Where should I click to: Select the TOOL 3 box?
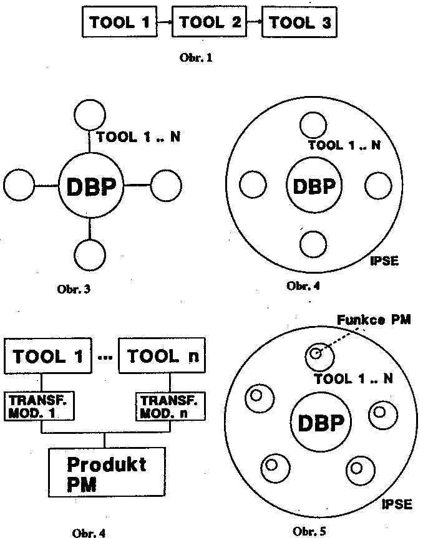(300, 23)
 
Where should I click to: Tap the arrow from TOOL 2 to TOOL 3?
(255, 23)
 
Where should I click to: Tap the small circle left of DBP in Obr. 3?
(19, 186)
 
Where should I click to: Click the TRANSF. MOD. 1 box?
(41, 406)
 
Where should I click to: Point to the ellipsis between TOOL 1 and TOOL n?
(105, 357)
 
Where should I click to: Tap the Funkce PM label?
(374, 320)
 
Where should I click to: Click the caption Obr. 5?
(309, 531)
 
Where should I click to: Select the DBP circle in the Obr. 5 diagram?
(320, 423)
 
